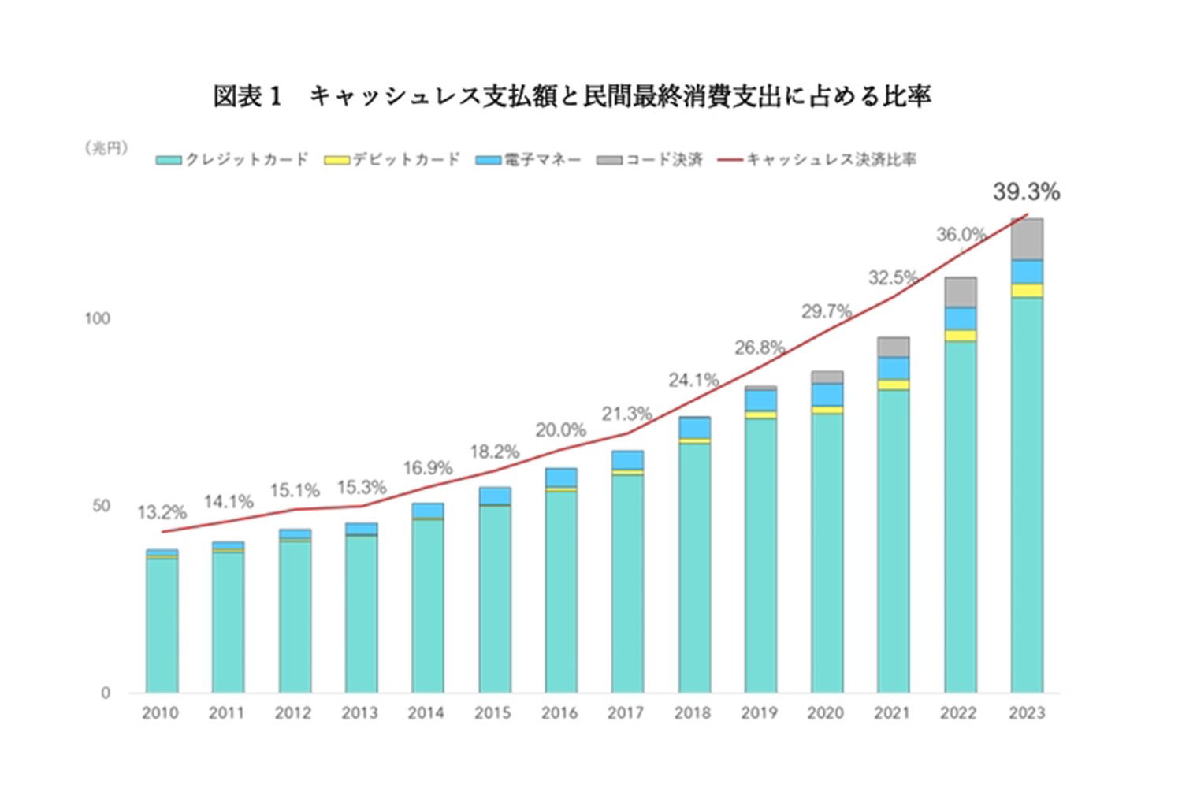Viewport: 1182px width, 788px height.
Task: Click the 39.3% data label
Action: (x=1026, y=191)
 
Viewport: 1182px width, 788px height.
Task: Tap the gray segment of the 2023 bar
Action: (x=1027, y=239)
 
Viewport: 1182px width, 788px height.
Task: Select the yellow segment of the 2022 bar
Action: (x=960, y=336)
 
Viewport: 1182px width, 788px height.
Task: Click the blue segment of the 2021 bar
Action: (x=894, y=368)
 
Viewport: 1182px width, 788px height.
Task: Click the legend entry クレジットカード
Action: (x=232, y=160)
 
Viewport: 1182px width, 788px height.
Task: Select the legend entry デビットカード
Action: (x=392, y=160)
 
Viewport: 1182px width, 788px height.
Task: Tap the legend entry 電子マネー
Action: (x=529, y=160)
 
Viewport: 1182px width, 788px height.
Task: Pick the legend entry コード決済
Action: (x=650, y=160)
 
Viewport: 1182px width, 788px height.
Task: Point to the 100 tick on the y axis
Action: (x=98, y=318)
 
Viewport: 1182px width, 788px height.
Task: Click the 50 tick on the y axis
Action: (x=101, y=506)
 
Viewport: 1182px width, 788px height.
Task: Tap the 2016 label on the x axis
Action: (x=559, y=713)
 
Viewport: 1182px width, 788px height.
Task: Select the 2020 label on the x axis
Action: (x=826, y=713)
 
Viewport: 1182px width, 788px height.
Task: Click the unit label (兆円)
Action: (x=107, y=148)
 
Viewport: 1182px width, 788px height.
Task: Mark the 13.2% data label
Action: (x=162, y=513)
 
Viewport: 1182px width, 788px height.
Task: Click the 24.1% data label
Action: (x=693, y=381)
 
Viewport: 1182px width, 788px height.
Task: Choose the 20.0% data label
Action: (x=560, y=430)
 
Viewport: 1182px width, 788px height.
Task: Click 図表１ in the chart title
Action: (x=247, y=96)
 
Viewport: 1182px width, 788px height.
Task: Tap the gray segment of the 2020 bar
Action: (x=827, y=377)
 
